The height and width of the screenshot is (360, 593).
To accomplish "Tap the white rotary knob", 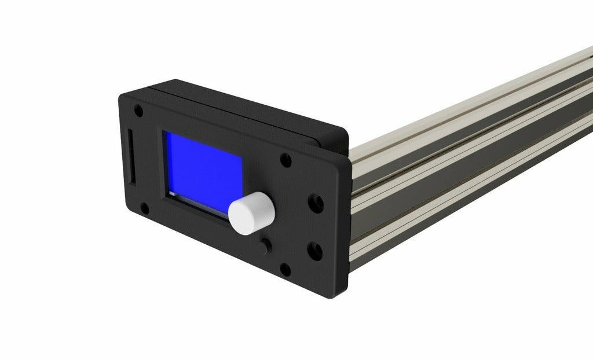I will [x=251, y=213].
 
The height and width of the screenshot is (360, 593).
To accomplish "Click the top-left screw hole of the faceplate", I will [x=138, y=109].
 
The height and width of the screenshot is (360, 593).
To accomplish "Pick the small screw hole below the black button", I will [x=284, y=269].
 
